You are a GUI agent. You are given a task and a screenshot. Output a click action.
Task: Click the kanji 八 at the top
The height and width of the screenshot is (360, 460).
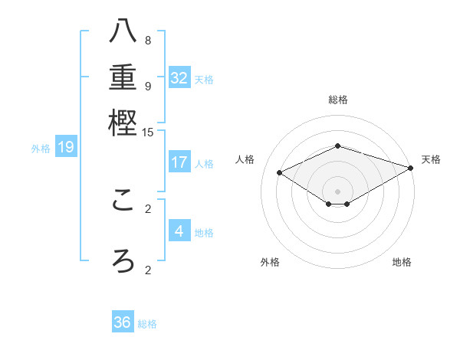tap(123, 32)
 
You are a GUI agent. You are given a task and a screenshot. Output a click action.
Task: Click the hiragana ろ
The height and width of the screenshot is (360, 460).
tap(123, 260)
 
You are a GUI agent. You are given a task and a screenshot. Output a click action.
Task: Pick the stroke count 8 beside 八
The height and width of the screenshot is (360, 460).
tap(148, 41)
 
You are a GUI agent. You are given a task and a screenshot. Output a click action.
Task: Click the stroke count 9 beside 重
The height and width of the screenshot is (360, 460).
tap(148, 86)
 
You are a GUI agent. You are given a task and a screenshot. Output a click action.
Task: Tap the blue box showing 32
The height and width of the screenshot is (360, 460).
tap(179, 78)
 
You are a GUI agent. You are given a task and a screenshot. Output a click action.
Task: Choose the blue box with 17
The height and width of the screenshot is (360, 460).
tap(179, 162)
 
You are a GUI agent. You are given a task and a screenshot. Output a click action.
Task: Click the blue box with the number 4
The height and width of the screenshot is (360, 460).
tap(179, 231)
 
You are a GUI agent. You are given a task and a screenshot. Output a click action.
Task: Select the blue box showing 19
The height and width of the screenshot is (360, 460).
tap(66, 147)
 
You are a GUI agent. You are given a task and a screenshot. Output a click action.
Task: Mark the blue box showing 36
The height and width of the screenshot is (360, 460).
tap(123, 322)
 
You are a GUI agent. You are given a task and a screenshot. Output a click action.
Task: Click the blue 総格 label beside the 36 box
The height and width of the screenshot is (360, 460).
tap(147, 324)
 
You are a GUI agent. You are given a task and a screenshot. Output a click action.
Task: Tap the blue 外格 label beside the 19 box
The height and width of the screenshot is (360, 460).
tap(41, 149)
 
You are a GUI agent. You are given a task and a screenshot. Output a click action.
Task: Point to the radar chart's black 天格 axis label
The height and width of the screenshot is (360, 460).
tap(431, 159)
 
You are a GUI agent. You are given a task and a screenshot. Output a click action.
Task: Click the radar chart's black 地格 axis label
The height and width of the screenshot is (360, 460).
tap(402, 262)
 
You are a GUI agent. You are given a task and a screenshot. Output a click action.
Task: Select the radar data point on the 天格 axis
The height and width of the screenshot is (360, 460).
tap(411, 167)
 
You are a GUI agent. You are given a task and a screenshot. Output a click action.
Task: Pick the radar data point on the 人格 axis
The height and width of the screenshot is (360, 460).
tap(280, 173)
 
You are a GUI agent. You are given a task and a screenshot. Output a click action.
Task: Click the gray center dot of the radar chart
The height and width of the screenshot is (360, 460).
tap(338, 191)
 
